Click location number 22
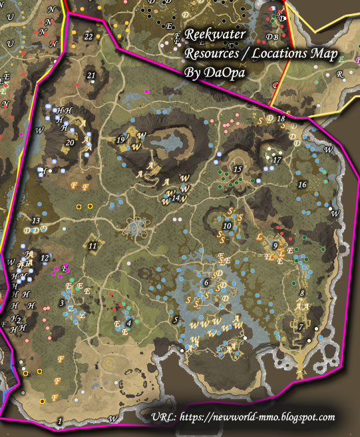(x=89, y=37)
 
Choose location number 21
(x=92, y=76)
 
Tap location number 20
(x=70, y=142)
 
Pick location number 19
(x=120, y=140)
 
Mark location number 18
(x=281, y=119)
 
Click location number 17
(x=277, y=161)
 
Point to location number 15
(x=238, y=170)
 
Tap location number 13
(x=36, y=220)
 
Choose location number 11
(x=92, y=246)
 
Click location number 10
(x=227, y=226)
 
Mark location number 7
(x=301, y=326)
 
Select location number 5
(x=176, y=320)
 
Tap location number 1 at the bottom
(x=60, y=420)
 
